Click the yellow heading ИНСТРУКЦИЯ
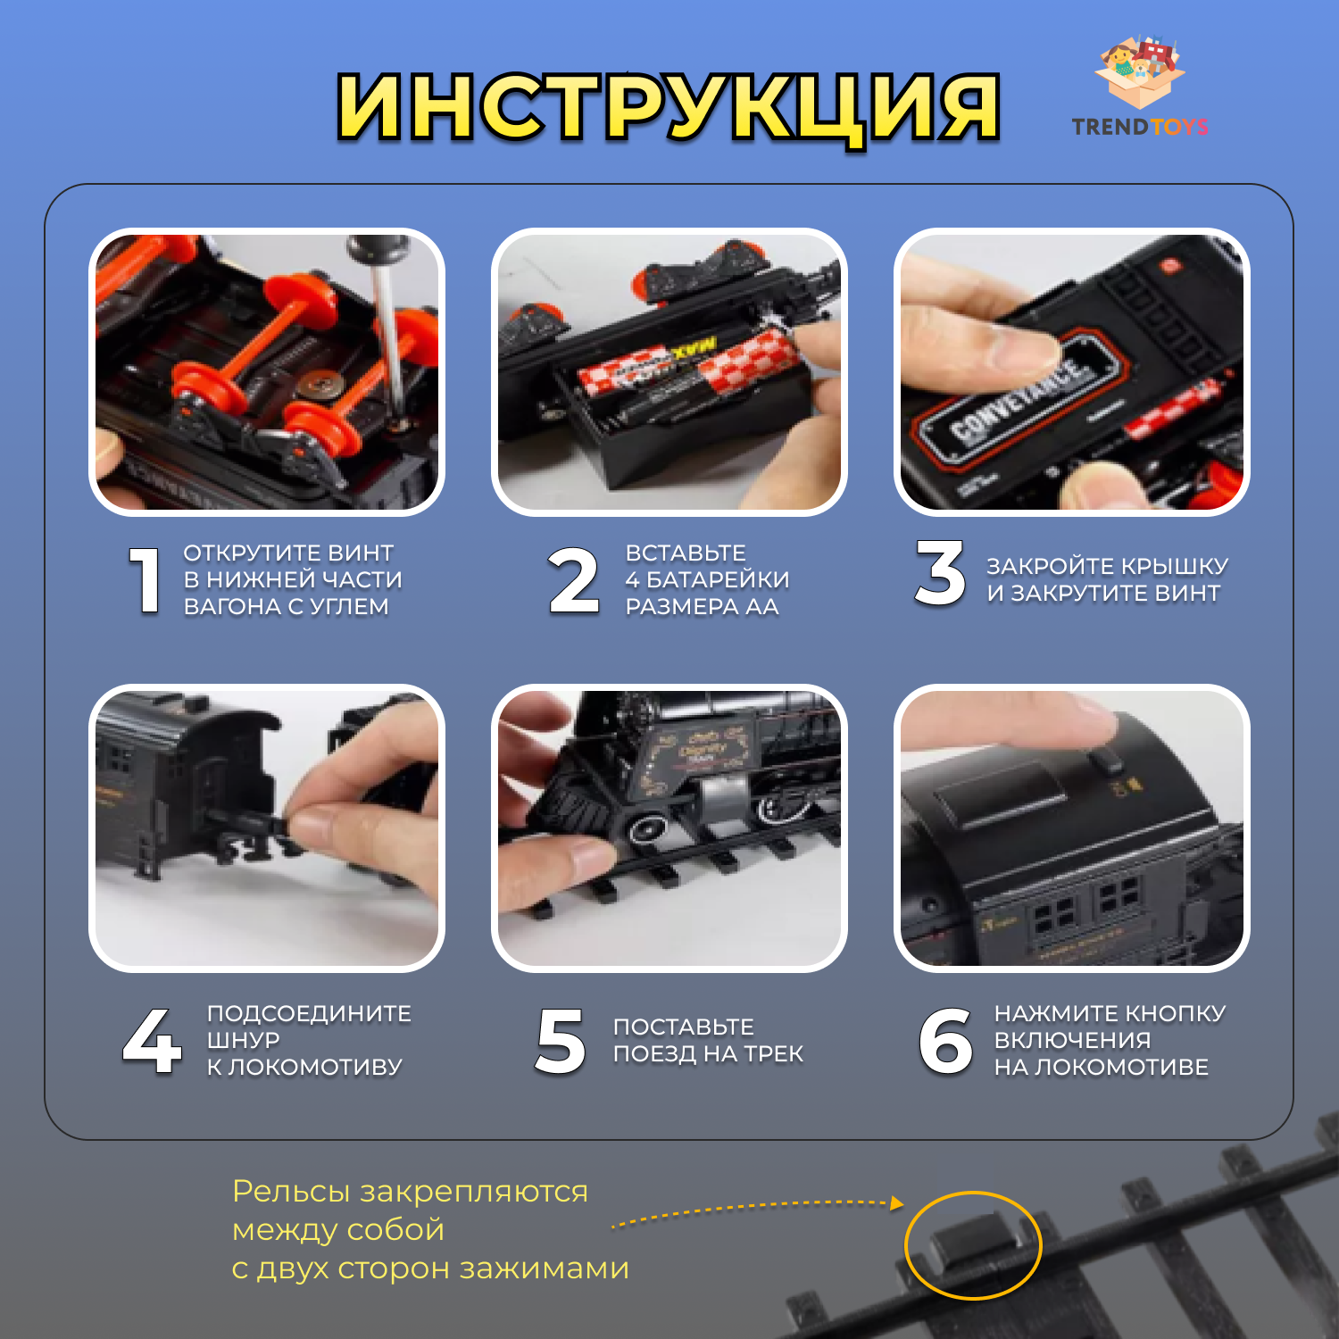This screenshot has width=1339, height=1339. [668, 108]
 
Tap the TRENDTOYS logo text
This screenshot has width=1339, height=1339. [1140, 127]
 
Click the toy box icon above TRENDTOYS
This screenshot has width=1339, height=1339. [1141, 71]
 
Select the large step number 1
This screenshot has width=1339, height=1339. [146, 580]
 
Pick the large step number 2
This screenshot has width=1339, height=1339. [573, 580]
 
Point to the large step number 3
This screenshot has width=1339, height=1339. [940, 573]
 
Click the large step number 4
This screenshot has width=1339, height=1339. [153, 1040]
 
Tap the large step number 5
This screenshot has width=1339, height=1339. [561, 1040]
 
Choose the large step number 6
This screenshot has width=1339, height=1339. [946, 1040]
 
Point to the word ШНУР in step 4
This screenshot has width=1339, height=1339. [244, 1040]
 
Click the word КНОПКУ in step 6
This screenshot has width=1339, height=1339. [1174, 1013]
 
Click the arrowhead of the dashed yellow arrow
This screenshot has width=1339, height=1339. [896, 1203]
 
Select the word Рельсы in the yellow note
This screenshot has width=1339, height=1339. [291, 1192]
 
